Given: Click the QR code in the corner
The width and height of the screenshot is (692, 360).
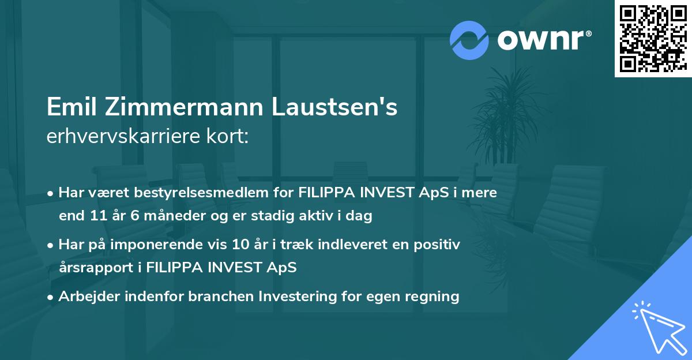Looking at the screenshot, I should tap(653, 38).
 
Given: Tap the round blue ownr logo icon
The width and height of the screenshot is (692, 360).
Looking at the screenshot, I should tap(469, 40).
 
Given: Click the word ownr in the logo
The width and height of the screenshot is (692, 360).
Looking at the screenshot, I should tap(540, 40).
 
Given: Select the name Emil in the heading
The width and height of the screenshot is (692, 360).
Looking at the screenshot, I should tap(70, 108).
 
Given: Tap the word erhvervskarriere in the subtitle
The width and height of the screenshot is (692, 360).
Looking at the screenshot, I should tap(121, 137).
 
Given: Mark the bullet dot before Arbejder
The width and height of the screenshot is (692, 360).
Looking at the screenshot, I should tap(52, 297).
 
